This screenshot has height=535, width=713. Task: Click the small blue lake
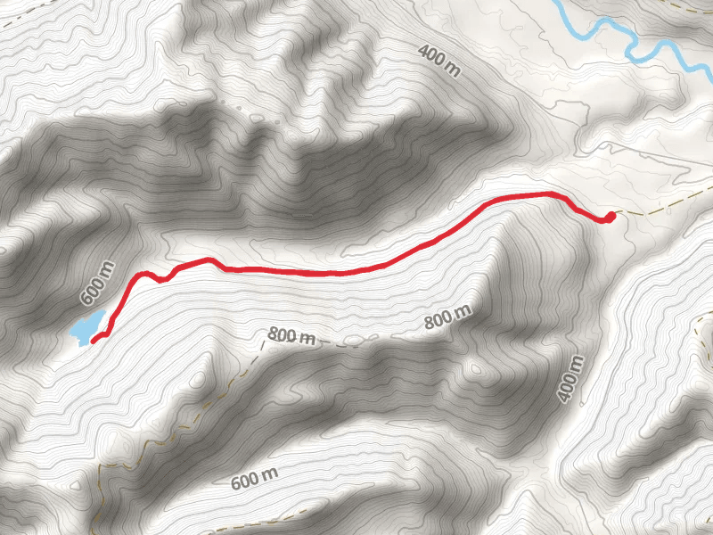[x=86, y=327]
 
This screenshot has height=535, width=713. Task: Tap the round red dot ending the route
[x=611, y=216]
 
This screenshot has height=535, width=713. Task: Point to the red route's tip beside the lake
[x=94, y=339]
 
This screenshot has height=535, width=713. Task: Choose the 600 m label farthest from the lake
[x=255, y=480]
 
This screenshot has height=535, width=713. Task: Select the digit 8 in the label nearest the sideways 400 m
[x=430, y=323]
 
